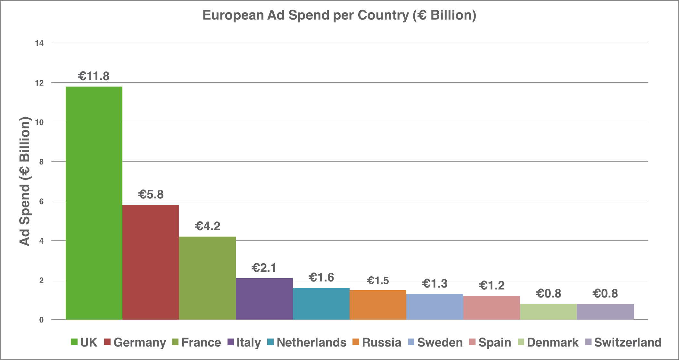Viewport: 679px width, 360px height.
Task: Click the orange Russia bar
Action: click(x=378, y=305)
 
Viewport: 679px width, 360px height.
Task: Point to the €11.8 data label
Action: click(x=94, y=76)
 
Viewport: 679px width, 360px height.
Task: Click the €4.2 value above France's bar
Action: click(x=208, y=226)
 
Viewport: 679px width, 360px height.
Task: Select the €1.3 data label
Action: click(x=435, y=283)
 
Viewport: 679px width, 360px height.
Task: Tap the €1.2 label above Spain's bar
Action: click(x=492, y=285)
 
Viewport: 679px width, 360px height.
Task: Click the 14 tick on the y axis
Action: click(x=39, y=43)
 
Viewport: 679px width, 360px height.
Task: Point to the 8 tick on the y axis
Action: click(x=41, y=162)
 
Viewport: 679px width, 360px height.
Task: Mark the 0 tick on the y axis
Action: click(x=41, y=320)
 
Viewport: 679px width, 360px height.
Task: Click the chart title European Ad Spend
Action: click(x=339, y=15)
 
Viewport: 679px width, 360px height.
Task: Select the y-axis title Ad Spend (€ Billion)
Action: click(x=25, y=181)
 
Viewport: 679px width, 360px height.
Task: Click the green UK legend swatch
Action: click(x=74, y=342)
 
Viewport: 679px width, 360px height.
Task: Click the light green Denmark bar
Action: click(x=548, y=312)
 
